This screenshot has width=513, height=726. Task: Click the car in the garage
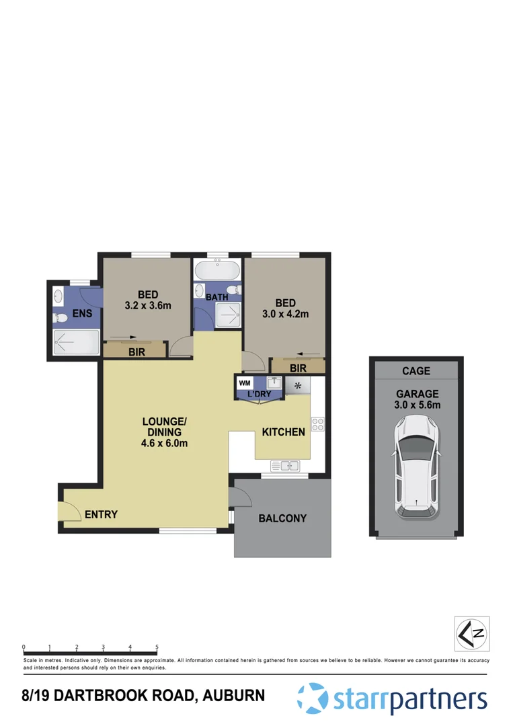[x=417, y=467]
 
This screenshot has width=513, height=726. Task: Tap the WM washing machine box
[x=243, y=382]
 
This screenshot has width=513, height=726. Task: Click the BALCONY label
[x=282, y=518]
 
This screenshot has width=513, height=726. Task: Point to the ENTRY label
[x=101, y=515]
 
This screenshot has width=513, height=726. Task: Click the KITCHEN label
[x=283, y=432]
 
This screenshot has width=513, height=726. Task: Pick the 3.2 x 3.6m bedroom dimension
[x=148, y=305]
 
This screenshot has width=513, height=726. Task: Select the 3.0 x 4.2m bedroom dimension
[x=284, y=313]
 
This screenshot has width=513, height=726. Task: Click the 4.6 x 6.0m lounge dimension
[x=165, y=443]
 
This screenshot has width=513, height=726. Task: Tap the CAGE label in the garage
[x=416, y=370]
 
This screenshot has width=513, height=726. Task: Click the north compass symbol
[x=471, y=633]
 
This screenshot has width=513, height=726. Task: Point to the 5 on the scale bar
[x=157, y=647]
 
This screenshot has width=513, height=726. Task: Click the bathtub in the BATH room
[x=216, y=272]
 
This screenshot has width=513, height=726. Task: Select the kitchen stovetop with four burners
[x=318, y=424]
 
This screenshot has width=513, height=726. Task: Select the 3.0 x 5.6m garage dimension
[x=417, y=405]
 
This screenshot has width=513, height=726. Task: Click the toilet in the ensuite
[x=60, y=318]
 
